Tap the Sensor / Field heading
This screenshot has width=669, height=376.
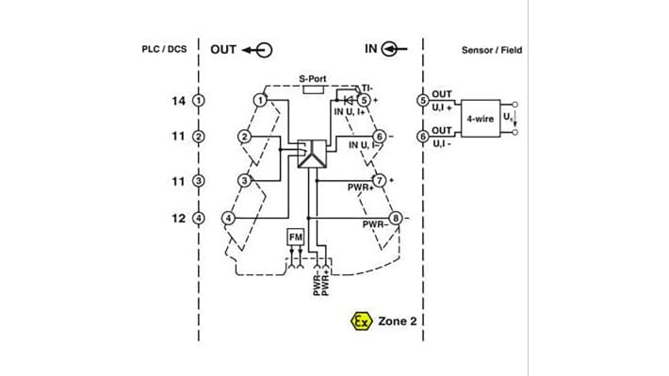pyautogui.click(x=491, y=49)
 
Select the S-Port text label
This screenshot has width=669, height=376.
pyautogui.click(x=313, y=80)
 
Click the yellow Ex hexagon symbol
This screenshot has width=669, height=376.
pyautogui.click(x=358, y=320)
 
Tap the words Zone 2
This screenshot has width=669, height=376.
pyautogui.click(x=399, y=320)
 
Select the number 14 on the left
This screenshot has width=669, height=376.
pyautogui.click(x=178, y=100)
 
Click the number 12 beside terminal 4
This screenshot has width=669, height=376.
pyautogui.click(x=178, y=218)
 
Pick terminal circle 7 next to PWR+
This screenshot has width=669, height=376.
pyautogui.click(x=379, y=179)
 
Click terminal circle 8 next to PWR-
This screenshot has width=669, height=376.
pyautogui.click(x=396, y=219)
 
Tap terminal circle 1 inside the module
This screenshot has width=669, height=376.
pyautogui.click(x=260, y=100)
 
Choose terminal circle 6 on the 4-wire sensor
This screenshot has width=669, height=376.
pyautogui.click(x=423, y=136)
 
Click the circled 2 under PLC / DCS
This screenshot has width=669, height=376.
pyautogui.click(x=198, y=137)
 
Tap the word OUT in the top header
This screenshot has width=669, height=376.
pyautogui.click(x=223, y=49)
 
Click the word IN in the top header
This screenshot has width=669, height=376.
pyautogui.click(x=370, y=48)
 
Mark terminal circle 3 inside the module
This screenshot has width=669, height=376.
pyautogui.click(x=243, y=179)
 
